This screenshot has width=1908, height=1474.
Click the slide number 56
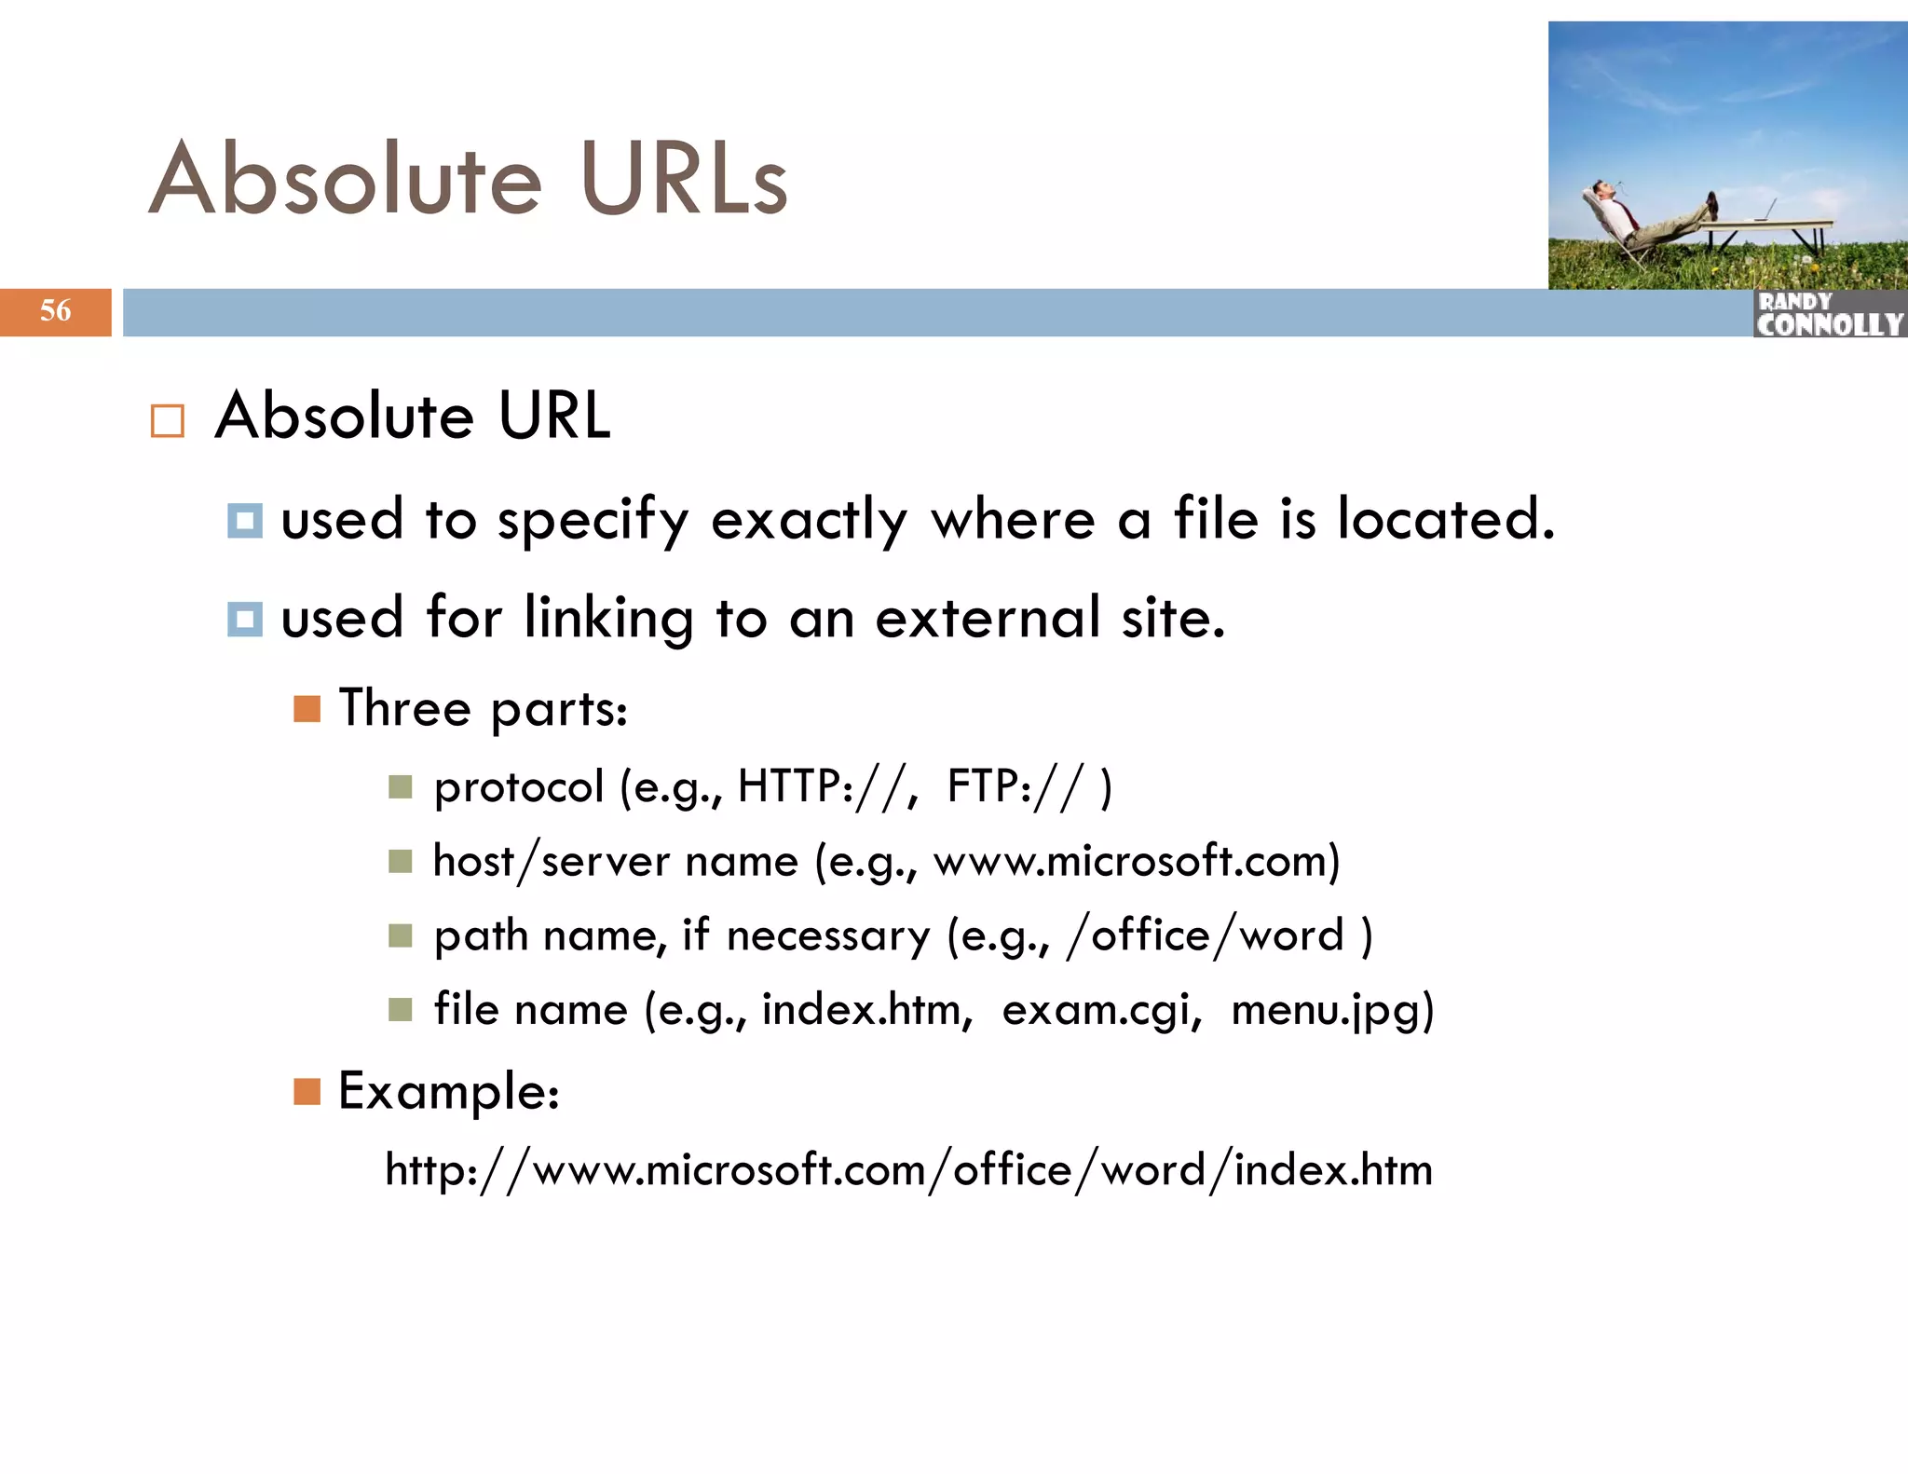click(55, 310)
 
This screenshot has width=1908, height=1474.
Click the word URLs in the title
click(683, 179)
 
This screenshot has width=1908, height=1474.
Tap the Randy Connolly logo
click(1829, 314)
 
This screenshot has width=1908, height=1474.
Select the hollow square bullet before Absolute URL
click(168, 421)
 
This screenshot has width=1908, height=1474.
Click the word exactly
click(808, 520)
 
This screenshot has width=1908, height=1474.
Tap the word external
click(988, 618)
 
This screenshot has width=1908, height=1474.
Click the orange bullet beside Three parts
click(307, 709)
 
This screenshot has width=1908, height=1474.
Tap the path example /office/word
click(1206, 935)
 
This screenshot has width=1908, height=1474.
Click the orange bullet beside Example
click(307, 1091)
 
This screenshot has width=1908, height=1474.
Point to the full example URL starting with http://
click(908, 1170)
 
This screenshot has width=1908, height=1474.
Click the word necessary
click(827, 935)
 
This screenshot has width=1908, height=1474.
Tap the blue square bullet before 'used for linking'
click(245, 619)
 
